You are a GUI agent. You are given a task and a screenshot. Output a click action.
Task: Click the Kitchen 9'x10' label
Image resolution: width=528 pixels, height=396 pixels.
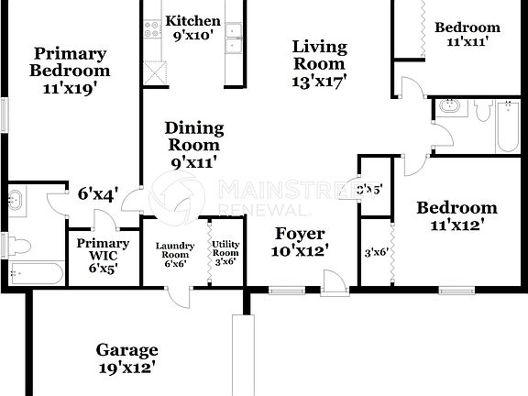[192, 28]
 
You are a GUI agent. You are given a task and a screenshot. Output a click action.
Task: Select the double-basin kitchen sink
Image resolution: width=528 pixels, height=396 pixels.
[235, 38]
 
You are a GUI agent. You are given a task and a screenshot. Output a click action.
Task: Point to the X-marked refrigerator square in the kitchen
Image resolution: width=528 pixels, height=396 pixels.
[155, 72]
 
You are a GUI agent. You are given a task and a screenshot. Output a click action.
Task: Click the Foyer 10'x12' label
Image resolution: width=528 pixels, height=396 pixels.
[301, 241]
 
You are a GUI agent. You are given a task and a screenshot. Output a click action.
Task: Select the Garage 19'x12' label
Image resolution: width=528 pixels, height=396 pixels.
[127, 358]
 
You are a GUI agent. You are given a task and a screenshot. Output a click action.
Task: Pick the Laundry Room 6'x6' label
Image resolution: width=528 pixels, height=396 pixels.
[174, 254]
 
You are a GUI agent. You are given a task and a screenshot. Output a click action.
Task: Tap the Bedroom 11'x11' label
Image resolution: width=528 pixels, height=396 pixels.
[467, 34]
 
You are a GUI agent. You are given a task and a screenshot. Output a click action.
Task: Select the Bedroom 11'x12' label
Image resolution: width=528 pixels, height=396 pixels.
[456, 215]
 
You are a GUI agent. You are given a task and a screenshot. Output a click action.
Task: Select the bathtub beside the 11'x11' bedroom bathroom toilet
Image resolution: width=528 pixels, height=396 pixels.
[508, 126]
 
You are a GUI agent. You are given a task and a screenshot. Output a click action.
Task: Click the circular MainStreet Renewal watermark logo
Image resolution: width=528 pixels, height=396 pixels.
[180, 193]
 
